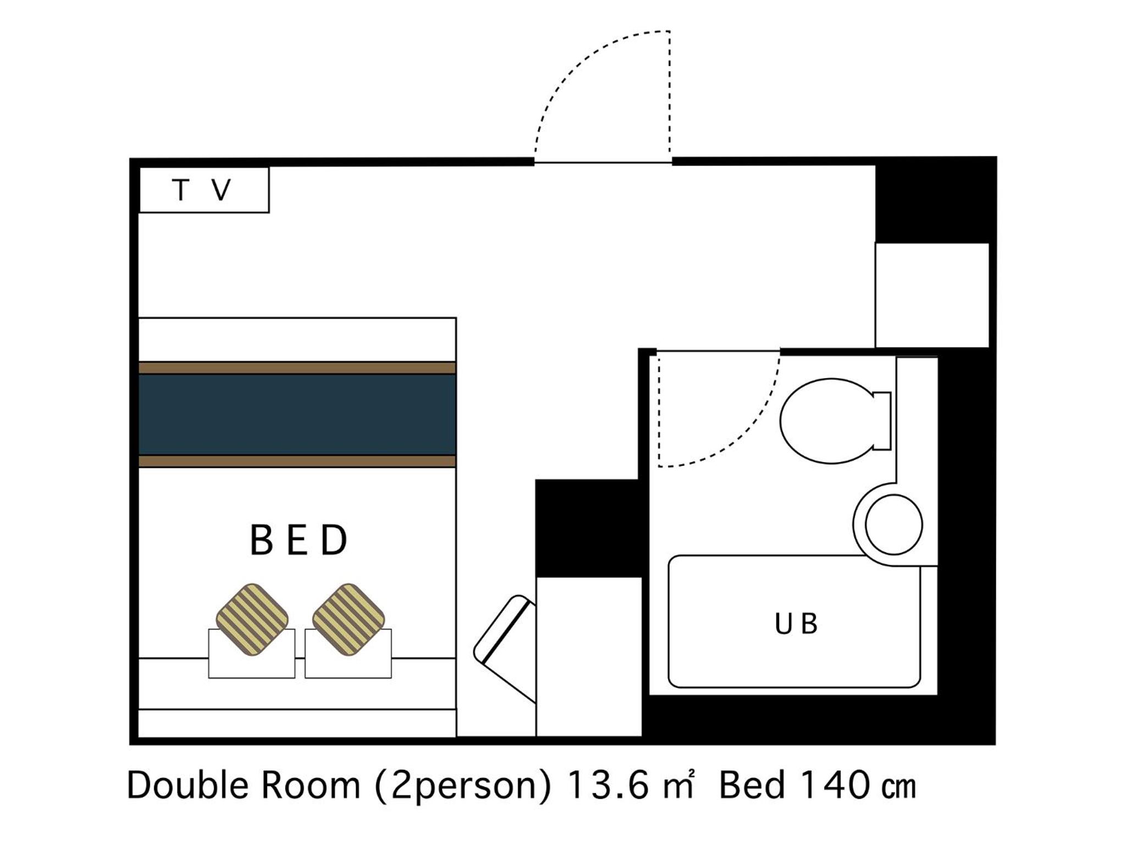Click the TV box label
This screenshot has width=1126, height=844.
click(x=202, y=190)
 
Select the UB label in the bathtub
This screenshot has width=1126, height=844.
click(x=796, y=624)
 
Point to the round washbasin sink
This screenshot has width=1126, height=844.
click(x=893, y=524)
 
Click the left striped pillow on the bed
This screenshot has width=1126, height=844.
click(x=252, y=620)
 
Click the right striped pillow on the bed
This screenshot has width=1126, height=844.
click(x=349, y=620)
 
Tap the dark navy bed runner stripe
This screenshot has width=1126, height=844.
click(x=297, y=415)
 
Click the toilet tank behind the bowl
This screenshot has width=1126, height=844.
click(x=882, y=421)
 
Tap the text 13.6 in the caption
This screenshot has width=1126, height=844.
click(x=609, y=786)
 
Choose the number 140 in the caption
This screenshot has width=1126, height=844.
click(x=835, y=786)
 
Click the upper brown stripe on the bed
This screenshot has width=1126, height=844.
click(x=297, y=368)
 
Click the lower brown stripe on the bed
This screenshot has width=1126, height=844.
click(x=297, y=461)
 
